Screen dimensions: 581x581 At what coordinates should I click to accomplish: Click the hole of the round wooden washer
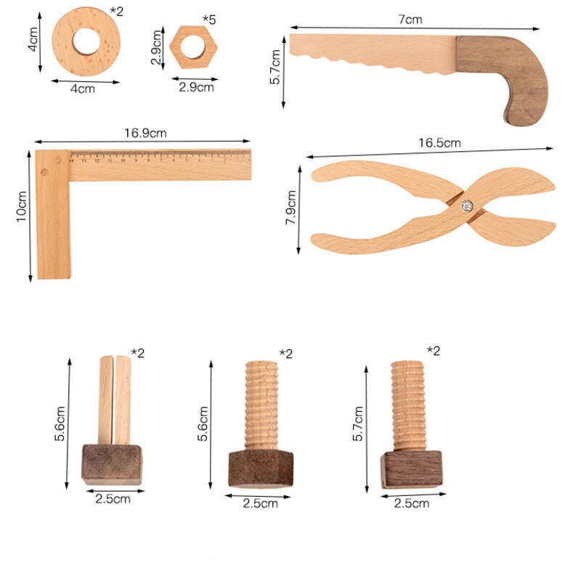click(86, 41)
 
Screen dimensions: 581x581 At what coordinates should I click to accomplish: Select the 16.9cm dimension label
click(145, 133)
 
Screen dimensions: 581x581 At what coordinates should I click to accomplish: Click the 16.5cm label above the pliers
click(439, 143)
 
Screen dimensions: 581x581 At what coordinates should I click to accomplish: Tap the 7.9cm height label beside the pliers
click(291, 208)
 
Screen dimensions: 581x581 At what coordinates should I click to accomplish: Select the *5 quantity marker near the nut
click(209, 18)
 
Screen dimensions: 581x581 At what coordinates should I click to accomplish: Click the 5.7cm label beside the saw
click(275, 66)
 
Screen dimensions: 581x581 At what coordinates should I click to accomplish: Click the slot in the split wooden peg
click(113, 399)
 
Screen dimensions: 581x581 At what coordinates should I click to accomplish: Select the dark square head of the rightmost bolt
click(410, 468)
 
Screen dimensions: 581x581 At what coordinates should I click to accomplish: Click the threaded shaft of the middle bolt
click(261, 405)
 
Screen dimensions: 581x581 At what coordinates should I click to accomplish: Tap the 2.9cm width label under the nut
click(196, 87)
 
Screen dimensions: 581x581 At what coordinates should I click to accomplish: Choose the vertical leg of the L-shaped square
click(53, 225)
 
